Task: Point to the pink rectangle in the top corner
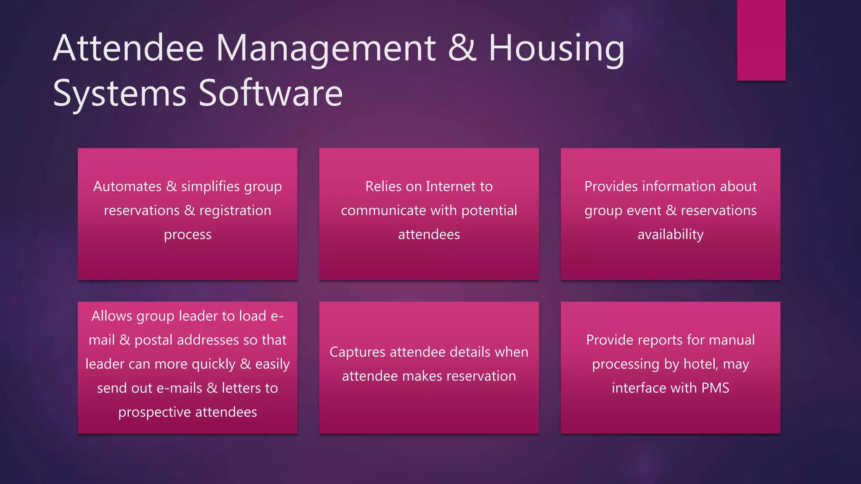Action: tap(761, 40)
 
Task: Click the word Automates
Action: tap(127, 186)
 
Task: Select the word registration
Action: tap(235, 210)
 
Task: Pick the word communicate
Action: tap(383, 210)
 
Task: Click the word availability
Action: tap(670, 234)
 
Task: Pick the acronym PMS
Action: tap(715, 388)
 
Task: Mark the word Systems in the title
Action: tap(119, 93)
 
